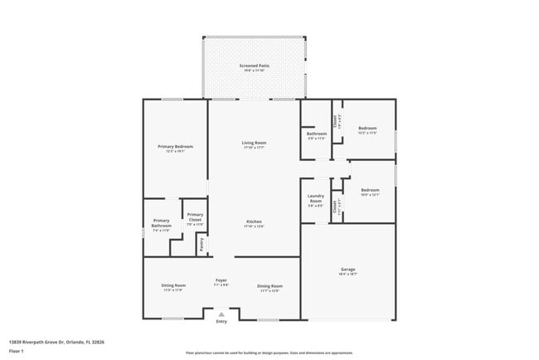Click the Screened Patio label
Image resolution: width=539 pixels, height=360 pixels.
255,66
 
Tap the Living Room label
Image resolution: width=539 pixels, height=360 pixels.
254,143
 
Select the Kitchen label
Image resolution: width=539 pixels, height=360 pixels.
254,221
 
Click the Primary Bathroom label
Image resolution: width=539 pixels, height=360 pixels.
161,223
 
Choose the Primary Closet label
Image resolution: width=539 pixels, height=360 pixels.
195,216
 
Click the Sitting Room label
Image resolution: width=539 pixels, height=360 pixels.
173,285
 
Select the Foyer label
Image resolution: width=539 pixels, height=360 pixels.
221,280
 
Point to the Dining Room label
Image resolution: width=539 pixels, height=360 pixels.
269,285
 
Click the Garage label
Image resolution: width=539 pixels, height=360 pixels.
348,270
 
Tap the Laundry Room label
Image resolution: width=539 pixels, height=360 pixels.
315,199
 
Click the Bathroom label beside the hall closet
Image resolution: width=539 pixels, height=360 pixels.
316,134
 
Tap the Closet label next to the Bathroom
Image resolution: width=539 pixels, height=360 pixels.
335,121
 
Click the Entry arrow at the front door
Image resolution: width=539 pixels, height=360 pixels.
221,314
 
